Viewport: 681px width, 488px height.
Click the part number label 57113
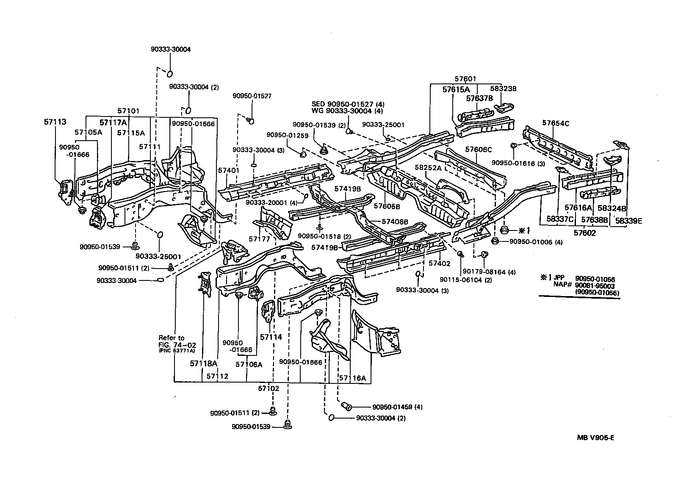(x=55, y=122)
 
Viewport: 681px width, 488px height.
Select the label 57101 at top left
(x=128, y=111)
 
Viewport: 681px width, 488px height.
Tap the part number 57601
(x=465, y=79)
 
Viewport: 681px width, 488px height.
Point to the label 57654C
(x=556, y=123)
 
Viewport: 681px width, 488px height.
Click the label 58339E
(x=628, y=220)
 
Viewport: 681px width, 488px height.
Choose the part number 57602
(x=585, y=233)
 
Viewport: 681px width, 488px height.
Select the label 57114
(x=271, y=337)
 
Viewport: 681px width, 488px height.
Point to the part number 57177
(x=259, y=239)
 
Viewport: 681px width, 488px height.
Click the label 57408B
(x=395, y=221)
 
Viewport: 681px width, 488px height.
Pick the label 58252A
(x=428, y=167)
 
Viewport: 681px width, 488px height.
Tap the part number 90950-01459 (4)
(x=397, y=407)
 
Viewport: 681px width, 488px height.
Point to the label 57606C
(x=479, y=149)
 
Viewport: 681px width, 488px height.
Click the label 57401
(x=229, y=170)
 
